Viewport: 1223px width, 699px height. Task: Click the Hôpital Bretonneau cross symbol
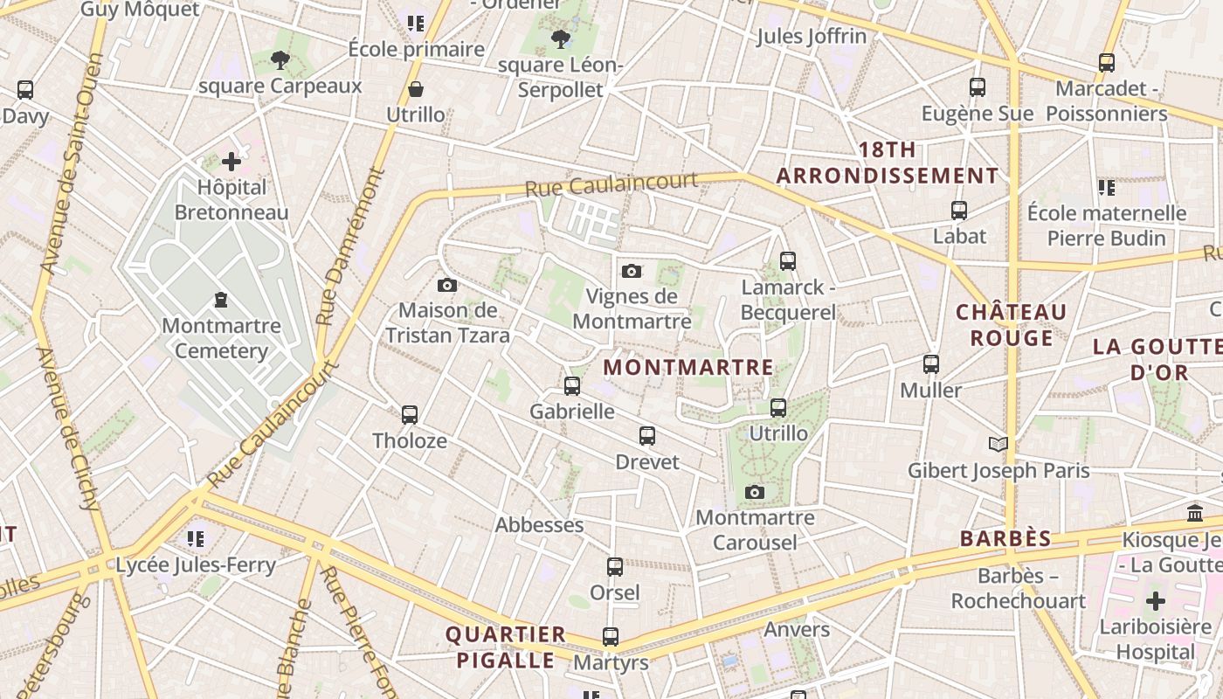[x=231, y=162]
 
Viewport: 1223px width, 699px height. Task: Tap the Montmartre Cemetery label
[x=222, y=338]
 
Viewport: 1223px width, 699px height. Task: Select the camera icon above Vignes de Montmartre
[x=632, y=272]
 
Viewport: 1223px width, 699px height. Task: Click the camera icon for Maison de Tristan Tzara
[x=447, y=285]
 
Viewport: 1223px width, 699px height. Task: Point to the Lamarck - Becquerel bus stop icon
[x=787, y=260]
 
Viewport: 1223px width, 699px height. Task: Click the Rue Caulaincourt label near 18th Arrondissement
[x=611, y=184]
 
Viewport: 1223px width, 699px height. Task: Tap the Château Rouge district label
[x=1011, y=325]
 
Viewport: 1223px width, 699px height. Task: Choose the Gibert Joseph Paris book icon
[x=998, y=444]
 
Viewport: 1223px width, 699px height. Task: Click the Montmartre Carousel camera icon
[x=755, y=493]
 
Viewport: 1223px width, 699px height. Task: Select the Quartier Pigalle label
[x=506, y=647]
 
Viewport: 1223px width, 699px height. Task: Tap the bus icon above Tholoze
[x=410, y=414]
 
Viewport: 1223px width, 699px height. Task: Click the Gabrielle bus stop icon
[x=572, y=385]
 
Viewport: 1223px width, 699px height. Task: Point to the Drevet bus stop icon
[x=647, y=435]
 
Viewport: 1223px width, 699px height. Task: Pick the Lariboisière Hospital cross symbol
[x=1156, y=601]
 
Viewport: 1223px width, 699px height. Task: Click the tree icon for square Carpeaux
[x=280, y=60]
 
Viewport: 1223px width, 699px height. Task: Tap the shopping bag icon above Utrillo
[x=416, y=89]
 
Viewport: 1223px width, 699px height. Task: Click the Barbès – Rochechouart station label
[x=1019, y=589]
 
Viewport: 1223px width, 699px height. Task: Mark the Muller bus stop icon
[x=931, y=364]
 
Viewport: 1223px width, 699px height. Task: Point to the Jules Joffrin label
[x=812, y=36]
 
